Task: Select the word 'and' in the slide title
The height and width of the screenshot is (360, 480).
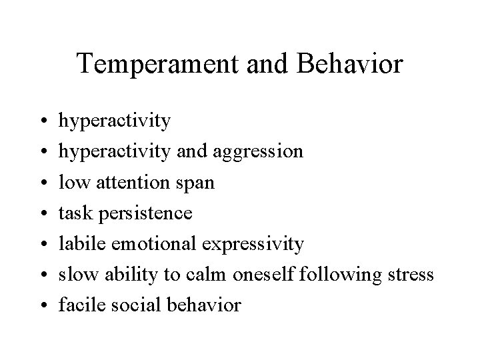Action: pyautogui.click(x=267, y=65)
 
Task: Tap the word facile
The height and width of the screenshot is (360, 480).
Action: pyautogui.click(x=77, y=305)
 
